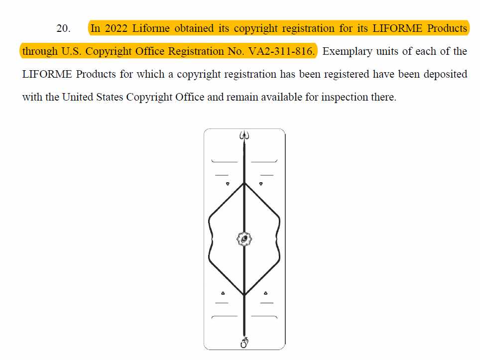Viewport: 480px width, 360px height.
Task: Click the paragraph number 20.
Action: pyautogui.click(x=63, y=28)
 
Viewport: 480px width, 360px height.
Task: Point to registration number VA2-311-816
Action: pyautogui.click(x=281, y=51)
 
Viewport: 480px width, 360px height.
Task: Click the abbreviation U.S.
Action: pyautogui.click(x=71, y=51)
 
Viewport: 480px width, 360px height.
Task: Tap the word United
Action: pyautogui.click(x=78, y=97)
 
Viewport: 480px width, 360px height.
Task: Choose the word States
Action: pyautogui.click(x=109, y=97)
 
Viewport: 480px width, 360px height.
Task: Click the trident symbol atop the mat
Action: pyautogui.click(x=244, y=135)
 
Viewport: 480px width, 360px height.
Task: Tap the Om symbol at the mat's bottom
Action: pyautogui.click(x=244, y=343)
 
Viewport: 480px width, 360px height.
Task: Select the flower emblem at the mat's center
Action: pyautogui.click(x=244, y=239)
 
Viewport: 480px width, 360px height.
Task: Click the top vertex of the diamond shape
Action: pyautogui.click(x=244, y=183)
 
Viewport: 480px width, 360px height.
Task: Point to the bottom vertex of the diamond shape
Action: pyautogui.click(x=244, y=295)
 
